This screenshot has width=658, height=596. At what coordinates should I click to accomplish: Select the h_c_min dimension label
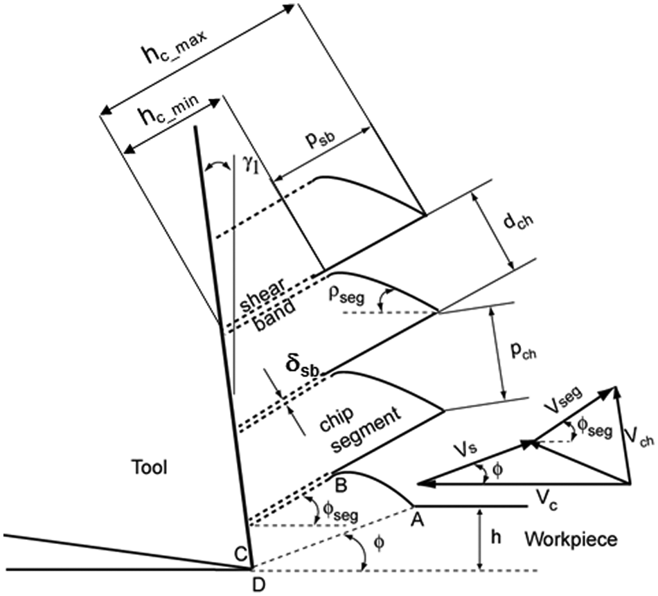[170, 110]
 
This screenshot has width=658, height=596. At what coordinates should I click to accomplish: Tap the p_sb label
[321, 141]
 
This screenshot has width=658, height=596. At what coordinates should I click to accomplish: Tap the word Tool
[150, 467]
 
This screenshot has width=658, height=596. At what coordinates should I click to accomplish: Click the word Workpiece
[571, 539]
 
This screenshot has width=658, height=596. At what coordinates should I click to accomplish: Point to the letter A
[418, 520]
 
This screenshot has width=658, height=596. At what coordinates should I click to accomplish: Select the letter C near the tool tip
[240, 555]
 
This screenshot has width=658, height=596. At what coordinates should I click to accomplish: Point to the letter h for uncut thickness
[496, 538]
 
